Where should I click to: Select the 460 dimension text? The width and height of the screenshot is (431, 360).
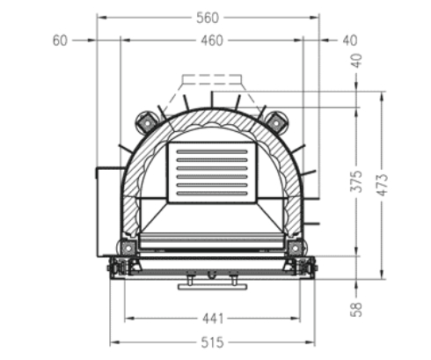pos(211,40)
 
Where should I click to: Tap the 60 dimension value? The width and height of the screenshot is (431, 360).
pos(60,40)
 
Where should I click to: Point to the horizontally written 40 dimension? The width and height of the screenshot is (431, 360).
pos(349,40)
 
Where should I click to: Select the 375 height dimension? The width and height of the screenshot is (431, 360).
pos(355,181)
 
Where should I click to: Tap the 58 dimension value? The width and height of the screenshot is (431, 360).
pos(355,310)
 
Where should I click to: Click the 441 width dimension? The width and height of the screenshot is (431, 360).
pos(212,319)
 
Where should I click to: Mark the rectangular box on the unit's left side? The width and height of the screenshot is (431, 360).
pos(106,211)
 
